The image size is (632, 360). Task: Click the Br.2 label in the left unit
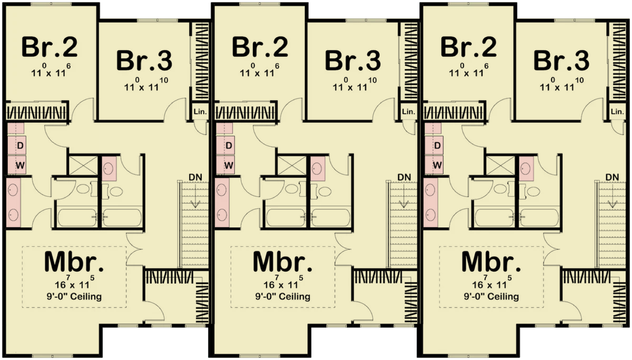(50, 47)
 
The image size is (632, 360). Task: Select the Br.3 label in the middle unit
(353, 61)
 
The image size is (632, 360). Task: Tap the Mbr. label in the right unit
(491, 262)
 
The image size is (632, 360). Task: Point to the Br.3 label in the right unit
(561, 61)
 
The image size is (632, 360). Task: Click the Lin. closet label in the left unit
(200, 112)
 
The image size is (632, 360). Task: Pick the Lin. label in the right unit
(617, 112)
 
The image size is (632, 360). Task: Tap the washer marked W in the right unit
(434, 165)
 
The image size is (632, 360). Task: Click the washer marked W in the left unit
(17, 165)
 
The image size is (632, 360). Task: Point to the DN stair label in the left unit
(195, 177)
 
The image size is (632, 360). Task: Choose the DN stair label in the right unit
(612, 177)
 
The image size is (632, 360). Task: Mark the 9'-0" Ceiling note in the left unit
(74, 296)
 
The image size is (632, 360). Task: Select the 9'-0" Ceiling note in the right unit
(491, 296)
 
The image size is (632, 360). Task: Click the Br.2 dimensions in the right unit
(469, 71)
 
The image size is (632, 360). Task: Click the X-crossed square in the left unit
(83, 165)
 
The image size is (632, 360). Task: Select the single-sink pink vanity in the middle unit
(318, 169)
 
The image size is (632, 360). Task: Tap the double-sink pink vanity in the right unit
(431, 203)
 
